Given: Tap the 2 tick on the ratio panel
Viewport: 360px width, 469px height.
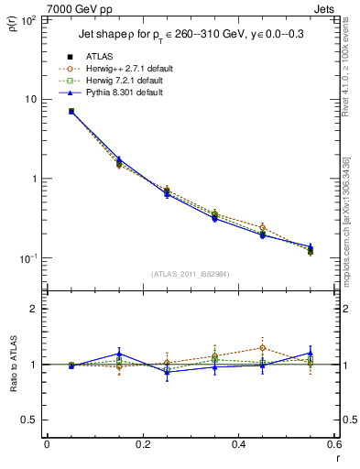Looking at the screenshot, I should tap(33, 309).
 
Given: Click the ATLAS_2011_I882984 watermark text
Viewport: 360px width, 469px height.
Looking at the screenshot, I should tap(190, 274).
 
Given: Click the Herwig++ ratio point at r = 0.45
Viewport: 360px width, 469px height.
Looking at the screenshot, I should tap(262, 347).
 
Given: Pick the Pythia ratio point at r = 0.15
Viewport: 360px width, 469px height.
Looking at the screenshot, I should tap(118, 354).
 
